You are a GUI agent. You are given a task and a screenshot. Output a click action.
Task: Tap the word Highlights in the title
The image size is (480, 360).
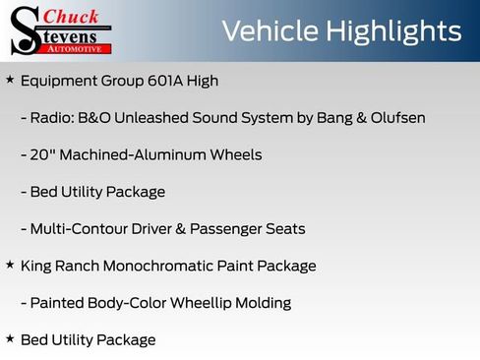pos(396,31)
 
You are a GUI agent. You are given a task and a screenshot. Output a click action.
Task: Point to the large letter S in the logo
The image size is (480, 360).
pos(25,30)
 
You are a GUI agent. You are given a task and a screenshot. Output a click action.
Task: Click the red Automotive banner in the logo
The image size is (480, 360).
pos(79,47)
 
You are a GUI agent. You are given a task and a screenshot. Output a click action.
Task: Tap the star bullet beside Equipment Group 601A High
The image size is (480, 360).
pos(10,80)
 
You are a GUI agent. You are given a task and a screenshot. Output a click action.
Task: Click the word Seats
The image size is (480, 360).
pos(283,229)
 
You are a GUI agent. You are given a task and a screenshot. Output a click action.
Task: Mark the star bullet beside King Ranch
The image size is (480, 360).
pos(10,266)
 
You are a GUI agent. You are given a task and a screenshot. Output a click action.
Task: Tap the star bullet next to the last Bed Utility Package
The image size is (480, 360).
pos(10,339)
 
